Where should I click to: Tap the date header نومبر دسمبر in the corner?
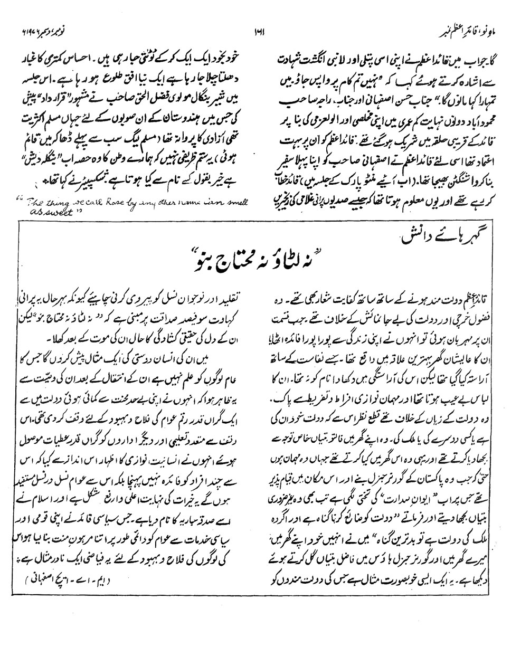(x=37, y=27)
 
